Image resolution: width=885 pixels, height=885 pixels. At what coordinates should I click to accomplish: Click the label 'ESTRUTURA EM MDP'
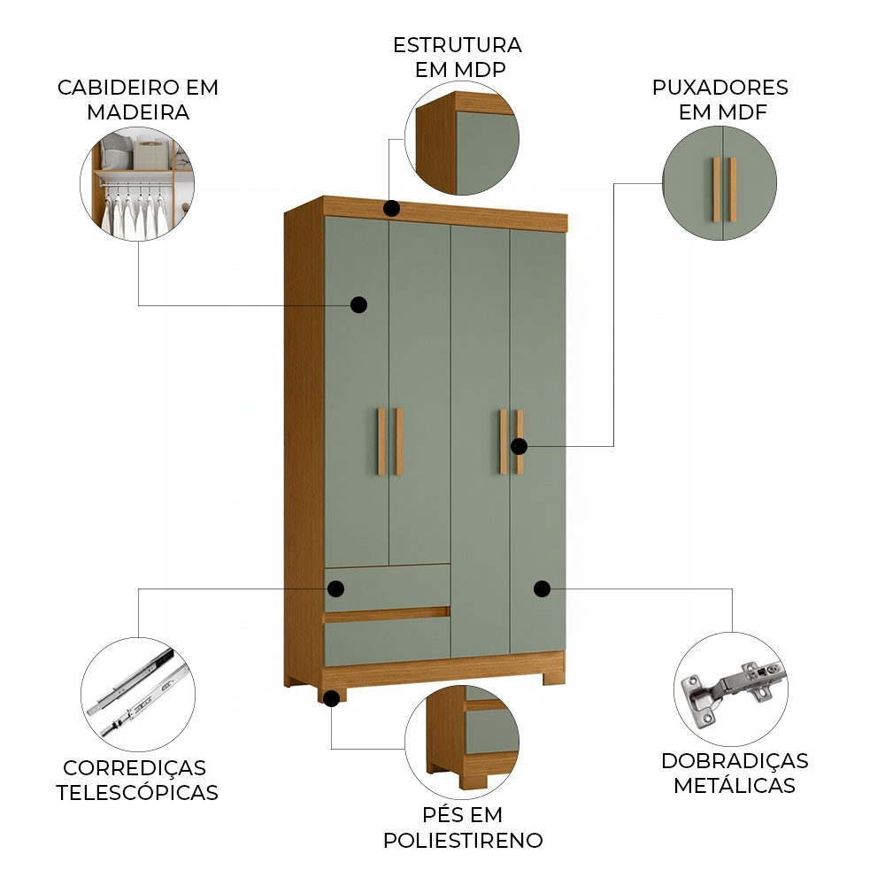457,57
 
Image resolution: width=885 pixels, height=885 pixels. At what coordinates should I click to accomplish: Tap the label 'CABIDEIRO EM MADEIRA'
138,100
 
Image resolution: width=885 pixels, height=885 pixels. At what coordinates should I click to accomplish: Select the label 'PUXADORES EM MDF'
720,100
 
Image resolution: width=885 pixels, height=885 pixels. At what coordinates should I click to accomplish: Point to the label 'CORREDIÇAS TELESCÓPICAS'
137,780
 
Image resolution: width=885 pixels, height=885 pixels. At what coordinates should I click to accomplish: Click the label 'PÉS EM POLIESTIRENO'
463,827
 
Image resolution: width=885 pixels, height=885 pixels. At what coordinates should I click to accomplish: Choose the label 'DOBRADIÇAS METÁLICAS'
735,773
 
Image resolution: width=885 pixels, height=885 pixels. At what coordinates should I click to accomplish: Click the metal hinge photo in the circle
731,689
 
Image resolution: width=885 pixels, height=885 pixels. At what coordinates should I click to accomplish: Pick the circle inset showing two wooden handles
720,184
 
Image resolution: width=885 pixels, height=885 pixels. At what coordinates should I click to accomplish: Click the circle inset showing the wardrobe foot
462,740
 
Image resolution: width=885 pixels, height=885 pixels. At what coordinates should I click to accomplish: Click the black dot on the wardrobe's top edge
391,209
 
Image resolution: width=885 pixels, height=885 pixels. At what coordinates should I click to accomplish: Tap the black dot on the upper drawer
336,589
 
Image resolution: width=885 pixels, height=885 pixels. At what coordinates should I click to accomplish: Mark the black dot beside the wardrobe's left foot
331,698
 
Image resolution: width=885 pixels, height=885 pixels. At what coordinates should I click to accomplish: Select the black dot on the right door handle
519,446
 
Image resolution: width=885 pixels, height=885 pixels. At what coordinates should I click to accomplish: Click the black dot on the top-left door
358,304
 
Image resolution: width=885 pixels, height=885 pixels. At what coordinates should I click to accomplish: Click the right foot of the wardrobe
552,677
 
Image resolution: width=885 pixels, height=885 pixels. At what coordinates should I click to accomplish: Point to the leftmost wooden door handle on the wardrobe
381,442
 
